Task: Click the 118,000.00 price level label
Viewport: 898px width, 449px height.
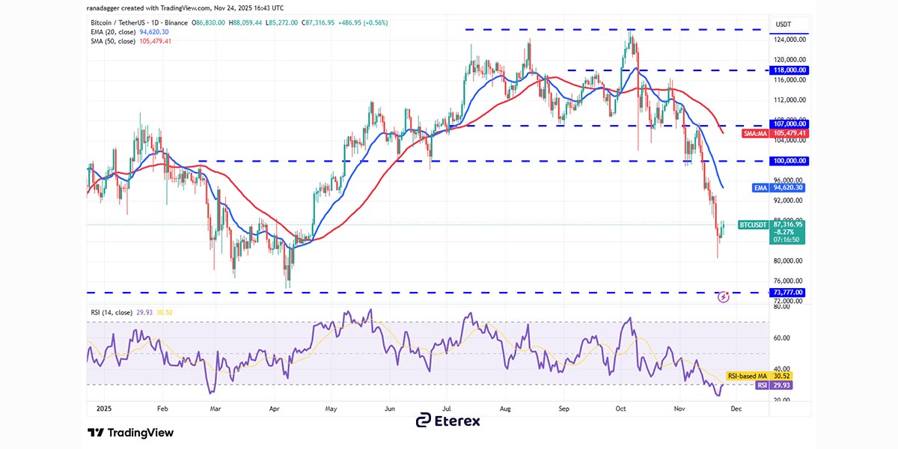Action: click(x=789, y=70)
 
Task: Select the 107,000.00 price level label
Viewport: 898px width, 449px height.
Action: click(x=789, y=124)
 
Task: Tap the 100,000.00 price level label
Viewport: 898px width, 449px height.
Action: click(x=789, y=161)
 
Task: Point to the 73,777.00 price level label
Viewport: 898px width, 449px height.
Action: click(x=789, y=292)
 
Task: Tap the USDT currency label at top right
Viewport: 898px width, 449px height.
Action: click(x=784, y=25)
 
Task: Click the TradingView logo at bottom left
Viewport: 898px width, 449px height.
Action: click(x=130, y=433)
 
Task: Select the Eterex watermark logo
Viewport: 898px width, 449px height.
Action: click(x=448, y=421)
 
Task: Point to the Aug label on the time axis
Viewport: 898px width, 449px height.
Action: click(x=505, y=410)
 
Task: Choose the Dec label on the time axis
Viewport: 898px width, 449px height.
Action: click(x=736, y=410)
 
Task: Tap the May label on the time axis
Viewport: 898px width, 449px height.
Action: click(x=330, y=410)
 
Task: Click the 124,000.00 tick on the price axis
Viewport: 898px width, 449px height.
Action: click(x=790, y=40)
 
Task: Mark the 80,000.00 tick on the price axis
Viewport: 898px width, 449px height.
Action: click(x=789, y=261)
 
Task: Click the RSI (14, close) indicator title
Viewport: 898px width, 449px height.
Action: click(x=110, y=312)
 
